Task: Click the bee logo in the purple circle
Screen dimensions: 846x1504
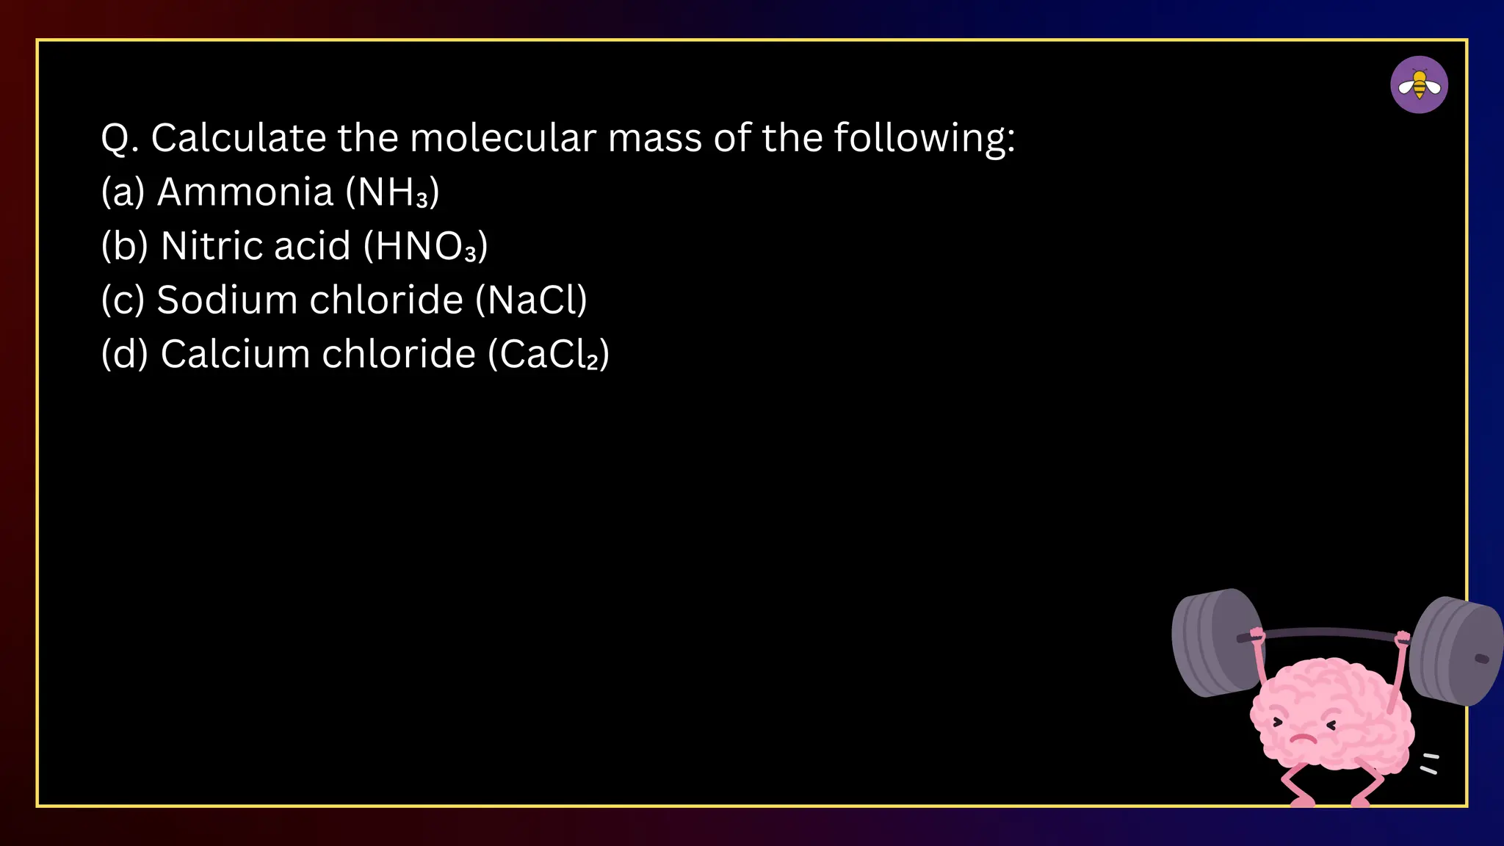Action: click(1419, 84)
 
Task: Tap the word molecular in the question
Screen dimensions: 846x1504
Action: click(503, 138)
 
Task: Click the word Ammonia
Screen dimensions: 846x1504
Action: click(246, 192)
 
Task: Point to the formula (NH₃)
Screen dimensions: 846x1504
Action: click(393, 192)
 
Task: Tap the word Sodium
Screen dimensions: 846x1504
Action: click(226, 300)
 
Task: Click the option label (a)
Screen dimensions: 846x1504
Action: click(123, 192)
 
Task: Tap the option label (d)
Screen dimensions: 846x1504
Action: click(125, 354)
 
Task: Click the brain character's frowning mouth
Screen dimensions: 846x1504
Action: click(1302, 737)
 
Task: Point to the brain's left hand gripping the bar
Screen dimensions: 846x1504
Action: click(1257, 634)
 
